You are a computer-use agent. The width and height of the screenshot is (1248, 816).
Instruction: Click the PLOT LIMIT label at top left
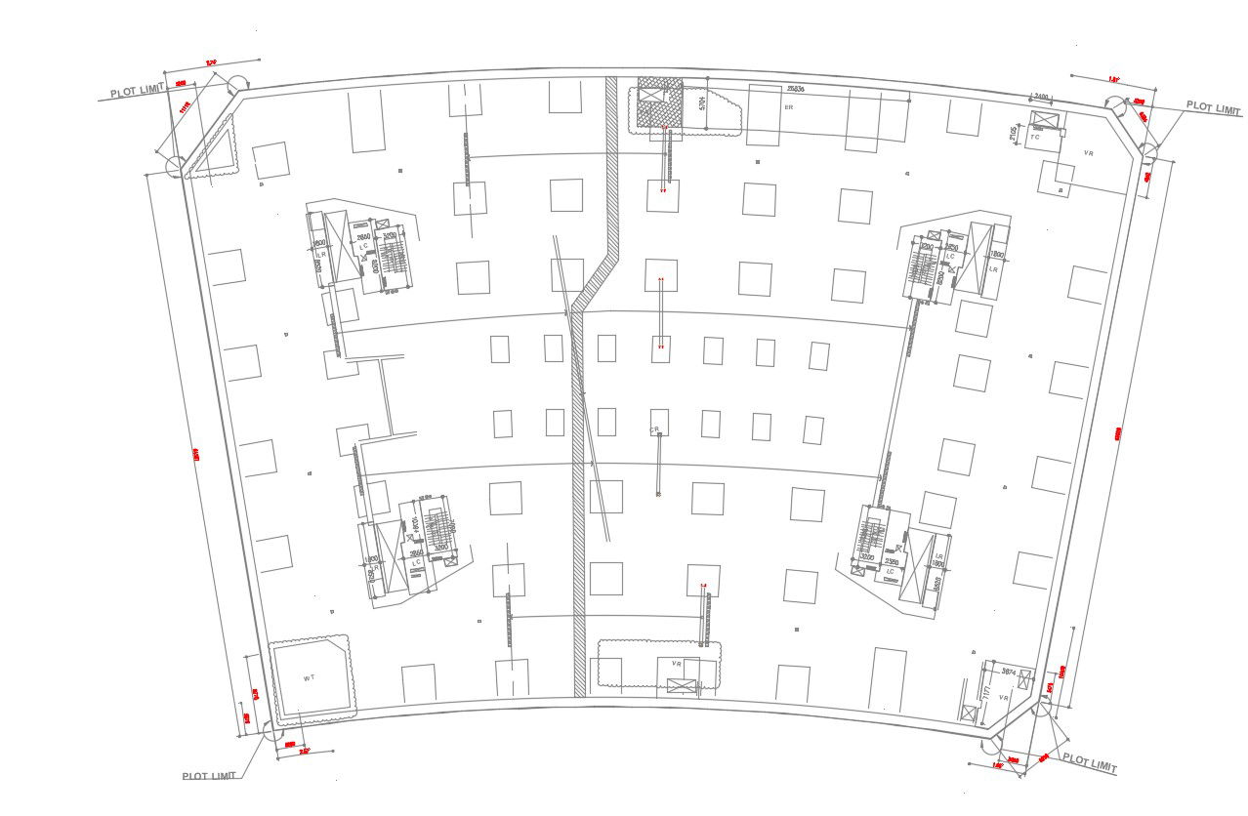point(138,92)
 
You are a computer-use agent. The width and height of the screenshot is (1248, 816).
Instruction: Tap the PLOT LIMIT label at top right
point(1214,108)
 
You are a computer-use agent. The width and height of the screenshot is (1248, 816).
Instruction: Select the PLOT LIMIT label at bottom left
point(209,776)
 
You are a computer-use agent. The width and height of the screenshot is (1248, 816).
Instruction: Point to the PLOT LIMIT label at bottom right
point(1089,763)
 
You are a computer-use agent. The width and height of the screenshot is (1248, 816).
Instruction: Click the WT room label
point(309,677)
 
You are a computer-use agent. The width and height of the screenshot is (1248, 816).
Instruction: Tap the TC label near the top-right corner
point(1035,138)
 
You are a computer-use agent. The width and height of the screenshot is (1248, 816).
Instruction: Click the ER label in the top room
point(788,106)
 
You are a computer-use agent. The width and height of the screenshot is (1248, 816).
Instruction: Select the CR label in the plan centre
point(655,429)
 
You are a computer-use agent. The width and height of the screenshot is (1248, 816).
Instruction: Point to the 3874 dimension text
point(1009,672)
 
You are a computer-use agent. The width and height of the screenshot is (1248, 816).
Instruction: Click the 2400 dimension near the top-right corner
point(1041,97)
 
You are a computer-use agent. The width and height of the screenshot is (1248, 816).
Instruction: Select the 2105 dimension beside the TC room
point(1015,132)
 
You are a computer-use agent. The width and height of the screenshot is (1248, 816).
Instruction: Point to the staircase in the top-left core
point(393,260)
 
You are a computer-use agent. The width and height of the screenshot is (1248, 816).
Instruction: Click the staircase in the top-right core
point(925,264)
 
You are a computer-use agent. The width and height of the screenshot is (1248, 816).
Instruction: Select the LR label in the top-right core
point(993,267)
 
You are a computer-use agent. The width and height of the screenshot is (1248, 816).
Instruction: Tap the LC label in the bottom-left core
point(416,563)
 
